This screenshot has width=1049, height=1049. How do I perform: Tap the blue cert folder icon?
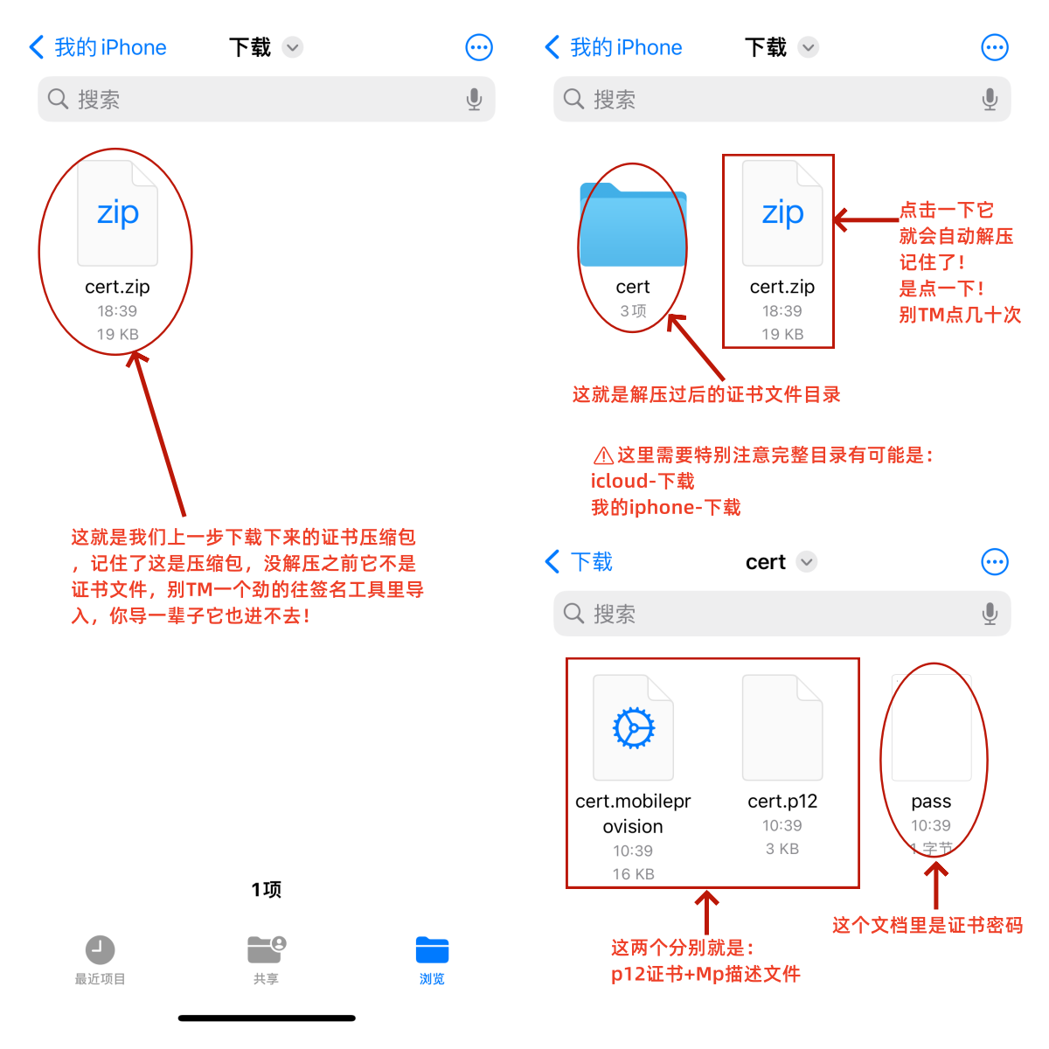point(633,225)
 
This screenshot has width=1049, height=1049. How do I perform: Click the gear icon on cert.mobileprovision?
point(633,728)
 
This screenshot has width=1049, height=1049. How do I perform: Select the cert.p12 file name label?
point(782,801)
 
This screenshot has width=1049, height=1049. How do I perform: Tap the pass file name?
point(931,802)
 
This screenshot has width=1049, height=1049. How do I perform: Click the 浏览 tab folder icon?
point(432,950)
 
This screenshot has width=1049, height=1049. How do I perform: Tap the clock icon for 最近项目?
point(101,950)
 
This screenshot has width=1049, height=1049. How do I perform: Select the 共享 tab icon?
point(267,950)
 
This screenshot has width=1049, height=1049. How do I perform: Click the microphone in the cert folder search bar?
point(990,614)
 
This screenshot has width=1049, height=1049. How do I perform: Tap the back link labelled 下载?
point(580,562)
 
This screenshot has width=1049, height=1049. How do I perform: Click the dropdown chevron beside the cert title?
point(806,562)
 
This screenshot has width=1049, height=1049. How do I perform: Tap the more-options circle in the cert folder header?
point(995,562)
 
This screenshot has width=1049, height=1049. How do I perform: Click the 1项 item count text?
point(267,890)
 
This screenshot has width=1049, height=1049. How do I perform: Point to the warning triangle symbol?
point(603,455)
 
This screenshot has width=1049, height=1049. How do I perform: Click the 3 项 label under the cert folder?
point(633,311)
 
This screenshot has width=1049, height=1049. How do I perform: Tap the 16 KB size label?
point(633,873)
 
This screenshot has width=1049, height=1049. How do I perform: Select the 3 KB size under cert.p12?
point(782,848)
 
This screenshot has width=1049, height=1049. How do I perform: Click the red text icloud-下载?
point(643,481)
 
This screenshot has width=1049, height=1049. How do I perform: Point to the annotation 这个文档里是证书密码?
point(927,925)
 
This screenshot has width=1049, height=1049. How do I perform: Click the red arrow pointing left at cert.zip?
point(865,220)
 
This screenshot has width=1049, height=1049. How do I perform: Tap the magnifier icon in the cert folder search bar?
point(573,613)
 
